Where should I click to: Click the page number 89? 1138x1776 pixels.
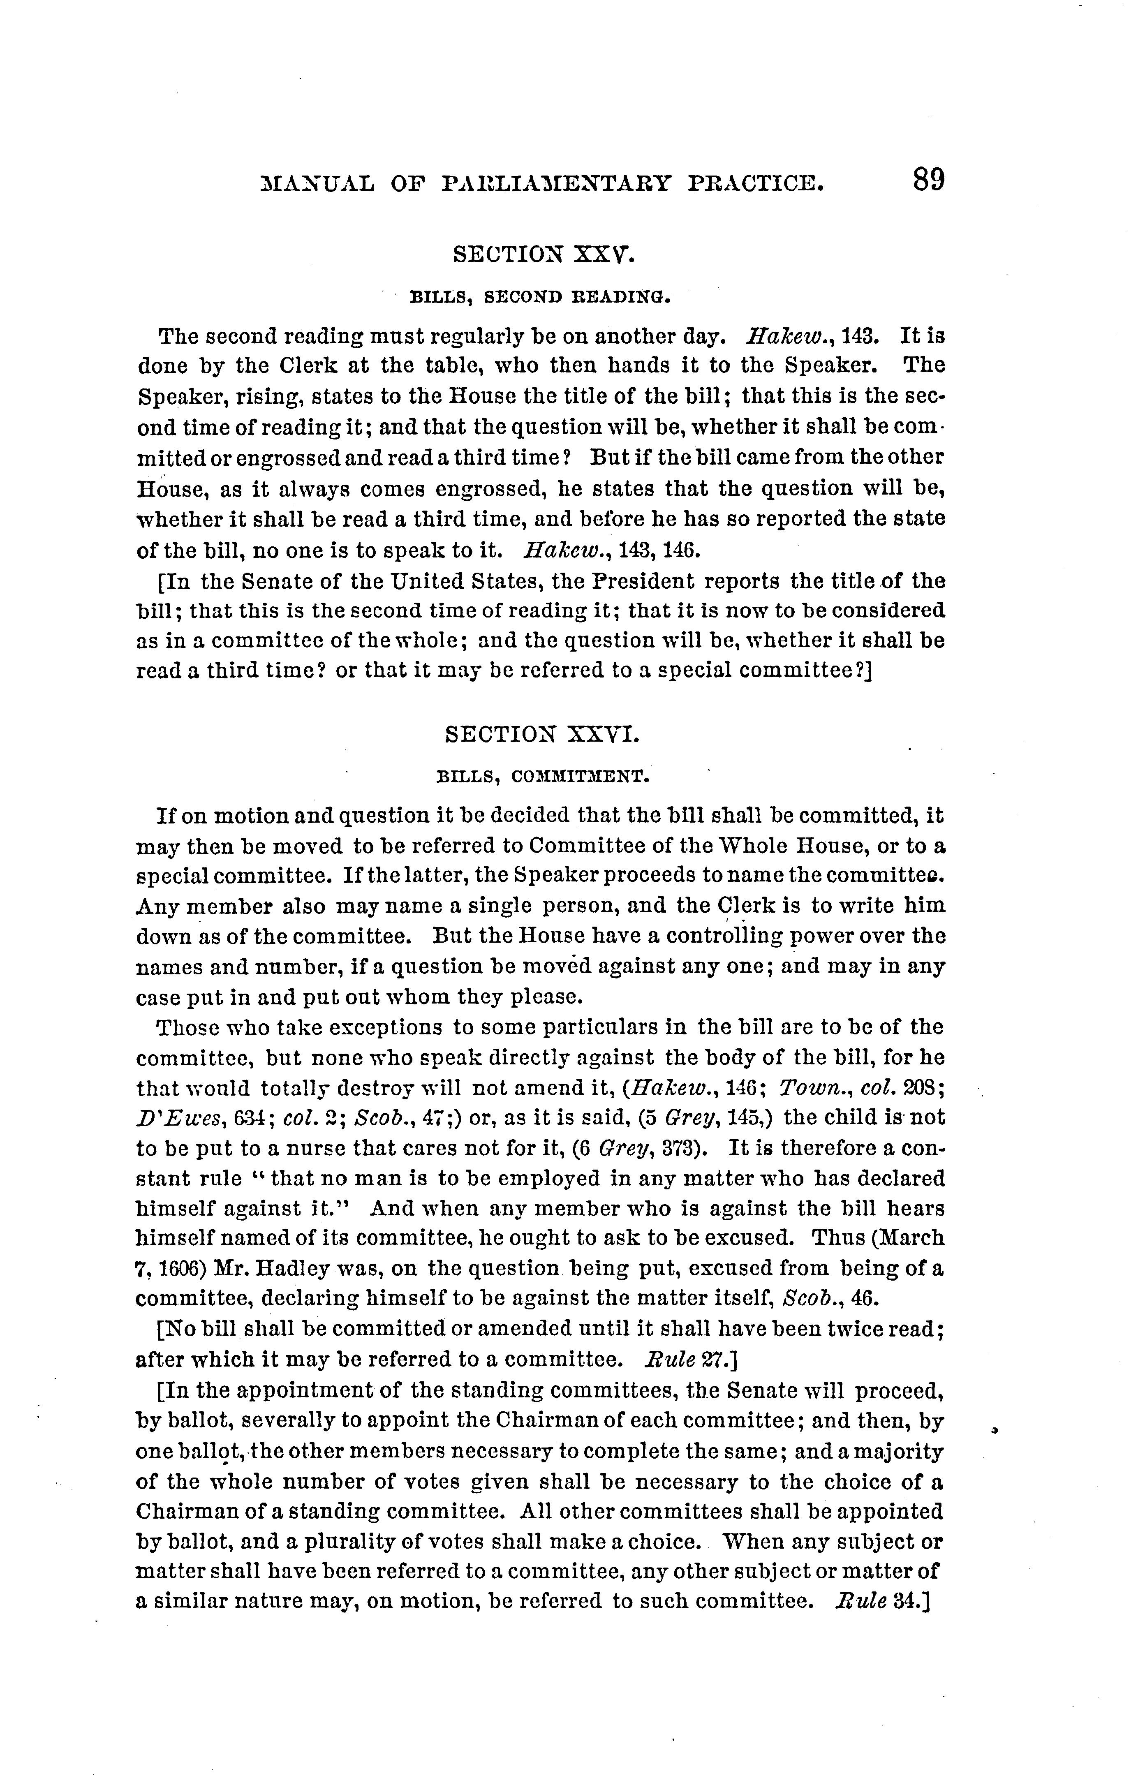pos(928,180)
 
